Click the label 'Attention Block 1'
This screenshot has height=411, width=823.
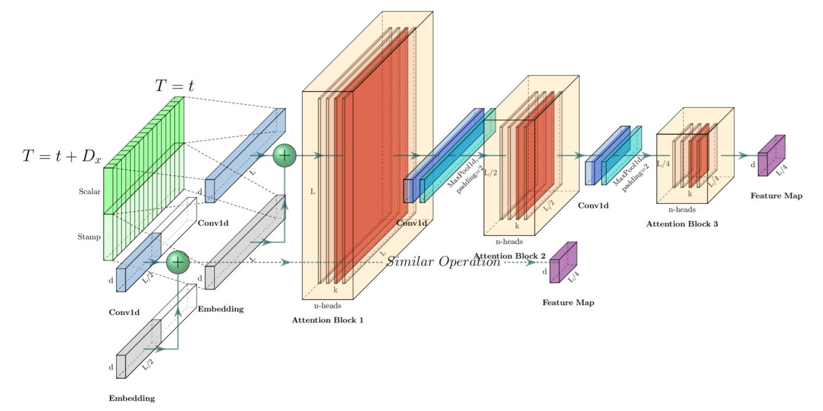pyautogui.click(x=327, y=320)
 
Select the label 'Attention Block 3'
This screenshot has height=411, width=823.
pyautogui.click(x=682, y=224)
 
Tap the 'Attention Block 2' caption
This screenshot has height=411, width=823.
pyautogui.click(x=510, y=255)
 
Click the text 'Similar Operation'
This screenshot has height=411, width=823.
pyautogui.click(x=444, y=262)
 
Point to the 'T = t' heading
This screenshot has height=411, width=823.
pyautogui.click(x=174, y=86)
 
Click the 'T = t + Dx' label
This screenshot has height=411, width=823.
pyautogui.click(x=62, y=156)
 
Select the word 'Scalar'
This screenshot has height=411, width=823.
pyautogui.click(x=90, y=192)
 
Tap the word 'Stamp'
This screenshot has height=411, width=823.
pyautogui.click(x=90, y=237)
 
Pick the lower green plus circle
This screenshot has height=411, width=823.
pyautogui.click(x=178, y=262)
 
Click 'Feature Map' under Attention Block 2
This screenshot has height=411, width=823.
pyautogui.click(x=568, y=302)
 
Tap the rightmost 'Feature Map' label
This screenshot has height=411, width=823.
pyautogui.click(x=776, y=196)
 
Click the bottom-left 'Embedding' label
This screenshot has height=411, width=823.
pyautogui.click(x=131, y=398)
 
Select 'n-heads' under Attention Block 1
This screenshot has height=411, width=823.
pyautogui.click(x=327, y=305)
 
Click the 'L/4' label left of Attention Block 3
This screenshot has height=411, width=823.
pyautogui.click(x=663, y=163)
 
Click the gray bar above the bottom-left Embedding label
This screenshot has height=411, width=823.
pyautogui.click(x=138, y=349)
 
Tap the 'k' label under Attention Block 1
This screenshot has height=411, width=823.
pyautogui.click(x=335, y=290)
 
